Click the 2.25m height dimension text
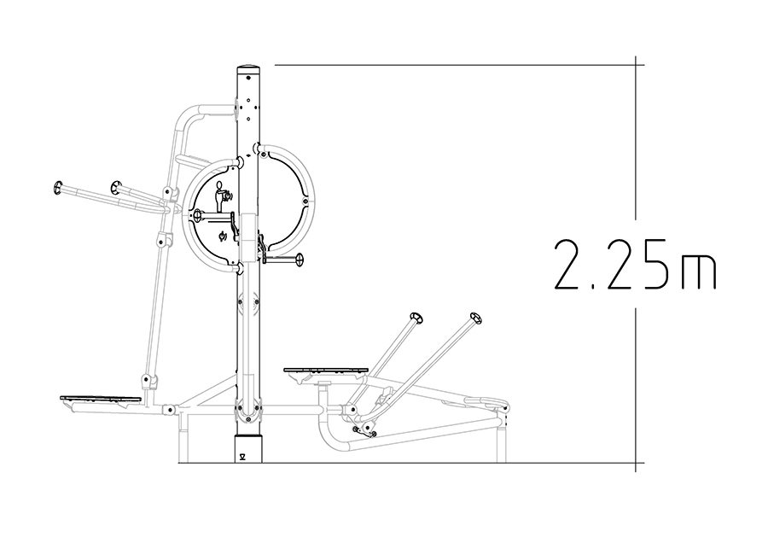click(x=635, y=264)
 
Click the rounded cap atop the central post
click(x=249, y=67)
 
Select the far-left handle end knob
click(x=58, y=187)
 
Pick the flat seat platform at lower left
click(x=101, y=399)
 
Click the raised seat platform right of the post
click(x=326, y=370)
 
